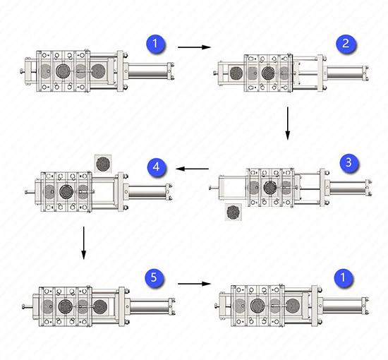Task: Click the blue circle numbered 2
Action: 346,44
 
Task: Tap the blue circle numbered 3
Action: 348,162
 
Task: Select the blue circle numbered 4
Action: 156,167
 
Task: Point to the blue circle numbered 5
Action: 154,277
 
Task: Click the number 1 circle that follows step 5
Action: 344,277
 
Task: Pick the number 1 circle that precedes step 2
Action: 155,44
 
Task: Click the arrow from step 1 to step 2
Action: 194,47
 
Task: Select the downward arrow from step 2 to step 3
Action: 287,123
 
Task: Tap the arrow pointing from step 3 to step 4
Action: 192,169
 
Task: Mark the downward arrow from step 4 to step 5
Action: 84,243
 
